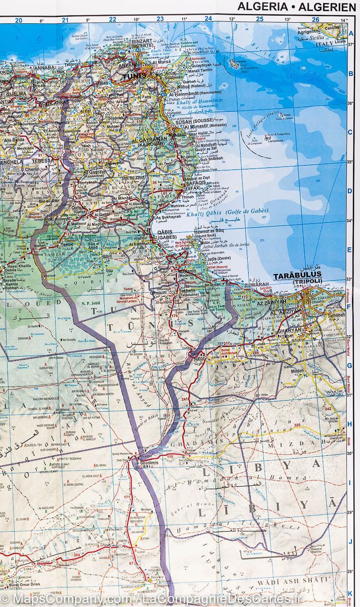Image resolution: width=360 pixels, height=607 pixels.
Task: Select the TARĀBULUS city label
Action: click(297, 276)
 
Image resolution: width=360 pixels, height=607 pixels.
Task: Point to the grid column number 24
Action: click(208, 19)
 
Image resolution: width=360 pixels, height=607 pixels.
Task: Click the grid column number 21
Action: click(65, 20)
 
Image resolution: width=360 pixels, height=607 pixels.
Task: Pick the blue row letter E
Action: click(350, 250)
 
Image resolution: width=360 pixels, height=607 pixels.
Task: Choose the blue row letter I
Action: click(350, 483)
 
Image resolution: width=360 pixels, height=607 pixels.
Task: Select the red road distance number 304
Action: click(76, 554)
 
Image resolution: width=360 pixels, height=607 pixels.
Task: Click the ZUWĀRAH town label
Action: click(256, 284)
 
